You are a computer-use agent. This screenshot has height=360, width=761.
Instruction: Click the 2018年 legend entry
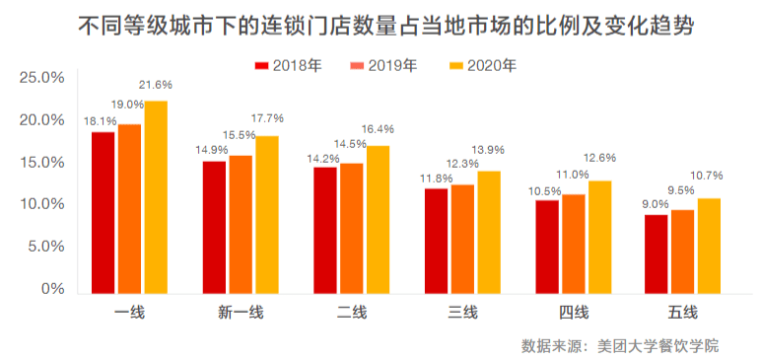pyautogui.click(x=287, y=66)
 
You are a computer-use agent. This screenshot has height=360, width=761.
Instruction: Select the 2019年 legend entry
pyautogui.click(x=383, y=66)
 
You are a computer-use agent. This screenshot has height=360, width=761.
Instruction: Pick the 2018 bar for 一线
pyautogui.click(x=103, y=212)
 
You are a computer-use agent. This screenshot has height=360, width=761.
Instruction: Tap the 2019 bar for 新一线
pyautogui.click(x=241, y=224)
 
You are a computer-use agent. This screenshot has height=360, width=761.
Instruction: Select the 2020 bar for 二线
pyautogui.click(x=378, y=219)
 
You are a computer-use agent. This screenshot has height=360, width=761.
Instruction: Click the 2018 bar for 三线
pyautogui.click(x=436, y=241)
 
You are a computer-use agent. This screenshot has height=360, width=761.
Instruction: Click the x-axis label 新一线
pyautogui.click(x=241, y=313)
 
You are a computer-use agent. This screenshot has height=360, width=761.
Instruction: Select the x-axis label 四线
pyautogui.click(x=573, y=313)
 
